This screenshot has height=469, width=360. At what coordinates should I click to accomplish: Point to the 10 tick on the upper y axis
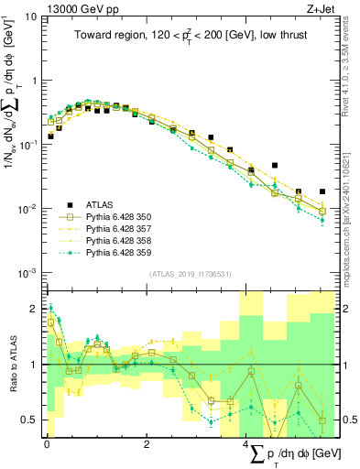tap(31, 16)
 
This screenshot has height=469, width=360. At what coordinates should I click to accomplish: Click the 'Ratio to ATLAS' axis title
tap(12, 365)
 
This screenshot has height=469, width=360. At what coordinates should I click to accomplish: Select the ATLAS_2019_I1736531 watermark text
tap(191, 274)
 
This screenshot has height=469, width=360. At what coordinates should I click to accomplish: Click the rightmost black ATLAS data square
tap(322, 192)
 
